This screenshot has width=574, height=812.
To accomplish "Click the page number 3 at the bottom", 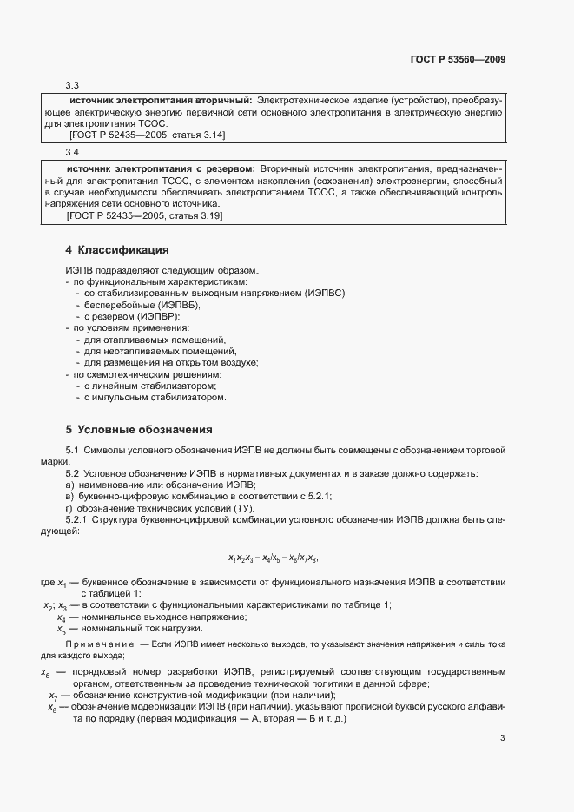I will tap(503, 739).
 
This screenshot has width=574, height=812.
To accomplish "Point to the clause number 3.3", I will tap(73, 85).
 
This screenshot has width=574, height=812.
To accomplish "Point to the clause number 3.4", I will tap(73, 153).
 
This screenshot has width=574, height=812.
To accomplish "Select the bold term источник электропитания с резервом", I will tap(160, 167).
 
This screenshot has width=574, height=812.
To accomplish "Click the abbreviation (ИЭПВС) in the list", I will tap(325, 294).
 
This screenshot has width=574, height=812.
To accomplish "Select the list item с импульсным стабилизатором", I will tap(155, 397).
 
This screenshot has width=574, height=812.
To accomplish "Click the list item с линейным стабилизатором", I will tap(149, 385).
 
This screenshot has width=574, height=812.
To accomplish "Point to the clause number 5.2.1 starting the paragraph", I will tap(76, 519).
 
